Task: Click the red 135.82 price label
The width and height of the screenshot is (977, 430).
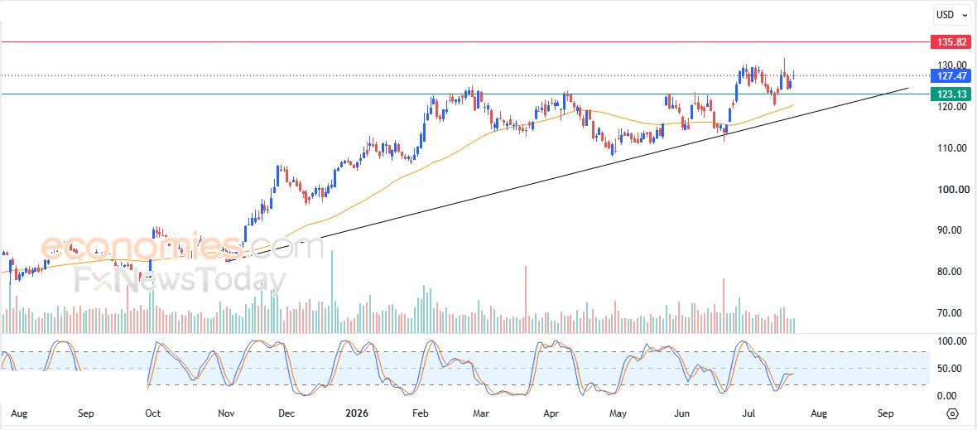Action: [x=951, y=42]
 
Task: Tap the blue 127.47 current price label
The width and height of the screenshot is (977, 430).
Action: [x=951, y=76]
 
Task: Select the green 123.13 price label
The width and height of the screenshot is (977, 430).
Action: [x=951, y=94]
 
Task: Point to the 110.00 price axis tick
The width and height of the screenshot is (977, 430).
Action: [x=953, y=148]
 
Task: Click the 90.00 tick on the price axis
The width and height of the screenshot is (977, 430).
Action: [x=955, y=230]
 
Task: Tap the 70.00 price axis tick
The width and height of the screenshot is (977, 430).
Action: [x=955, y=313]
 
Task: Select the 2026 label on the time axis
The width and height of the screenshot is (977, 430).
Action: [x=358, y=413]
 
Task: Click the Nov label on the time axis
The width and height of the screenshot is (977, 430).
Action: [x=227, y=413]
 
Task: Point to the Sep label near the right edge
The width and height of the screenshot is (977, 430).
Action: [x=885, y=413]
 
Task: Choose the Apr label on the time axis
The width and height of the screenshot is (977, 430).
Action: [x=551, y=413]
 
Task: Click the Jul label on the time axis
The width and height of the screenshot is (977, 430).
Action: [x=749, y=413]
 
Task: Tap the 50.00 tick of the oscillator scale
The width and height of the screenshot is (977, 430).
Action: [x=955, y=369]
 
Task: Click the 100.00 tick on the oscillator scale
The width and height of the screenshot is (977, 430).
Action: [x=953, y=341]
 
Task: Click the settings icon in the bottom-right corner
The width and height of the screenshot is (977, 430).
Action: [x=952, y=413]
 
